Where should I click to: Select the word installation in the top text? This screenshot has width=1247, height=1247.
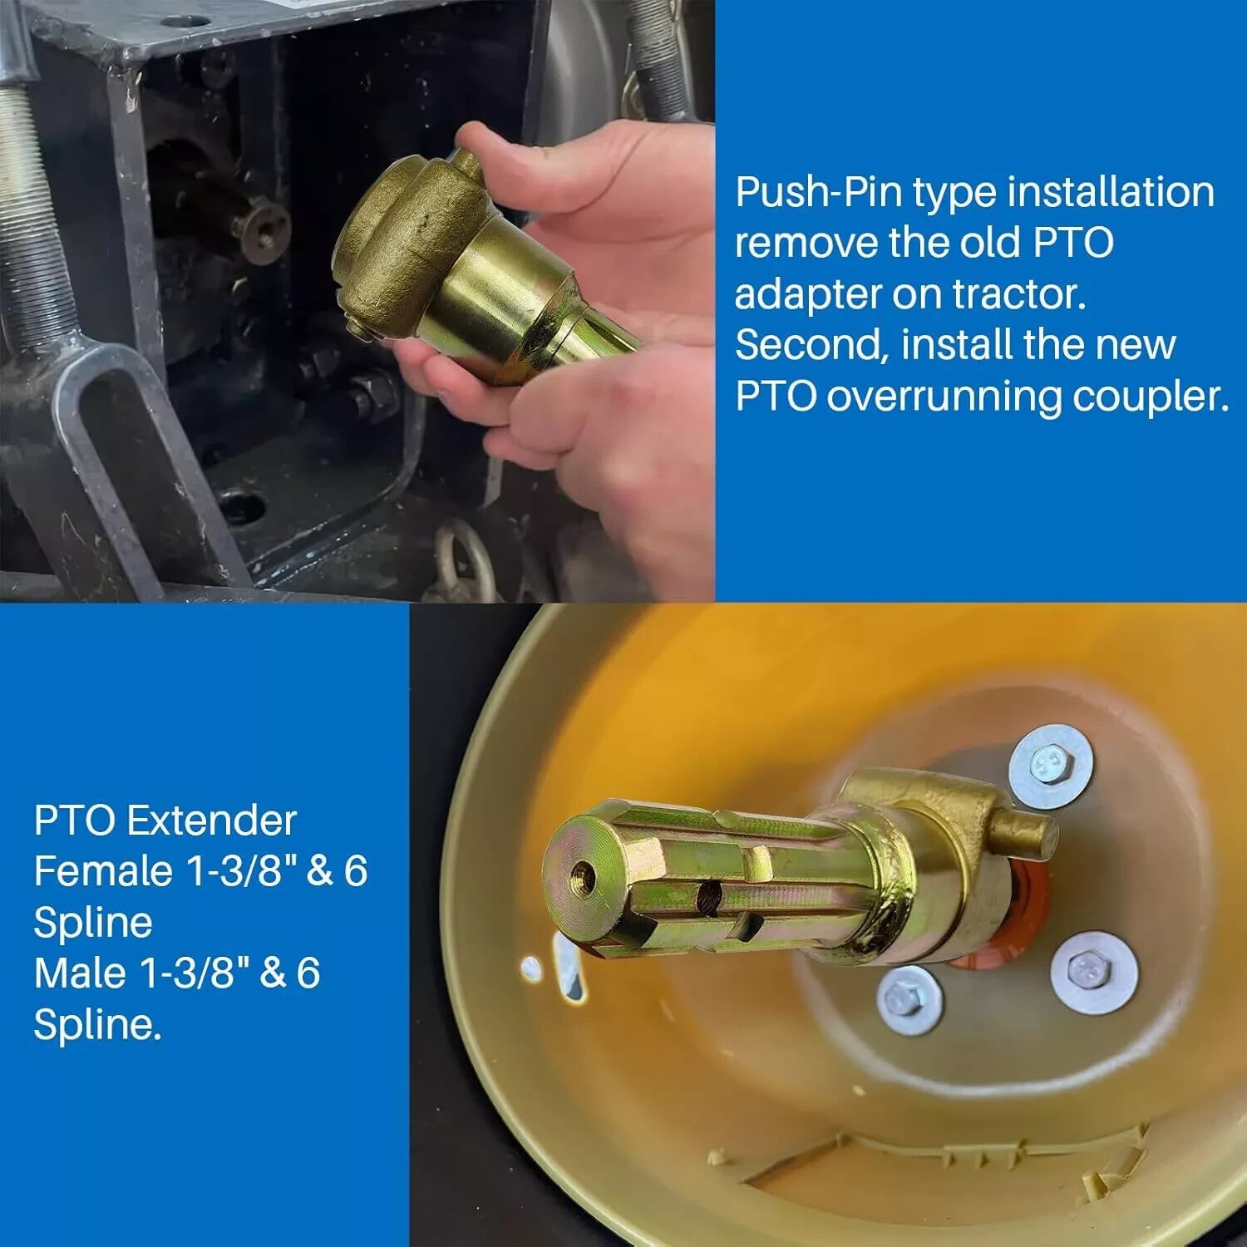click(x=1111, y=193)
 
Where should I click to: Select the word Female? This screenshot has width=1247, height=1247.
click(x=103, y=871)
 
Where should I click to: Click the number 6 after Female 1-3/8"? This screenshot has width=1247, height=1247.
click(x=355, y=871)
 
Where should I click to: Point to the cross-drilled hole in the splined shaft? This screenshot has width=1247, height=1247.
click(x=709, y=895)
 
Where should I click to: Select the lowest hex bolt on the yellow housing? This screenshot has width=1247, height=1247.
click(x=909, y=999)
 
